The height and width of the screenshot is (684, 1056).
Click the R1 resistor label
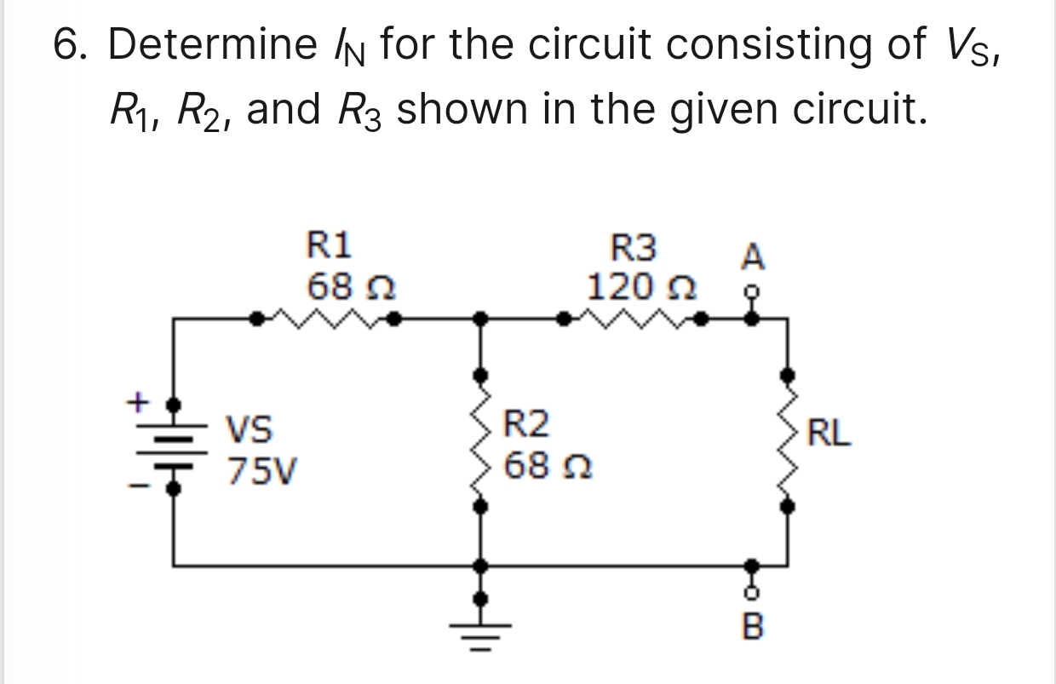(329, 247)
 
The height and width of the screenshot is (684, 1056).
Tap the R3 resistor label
(635, 249)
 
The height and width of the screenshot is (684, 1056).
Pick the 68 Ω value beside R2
(544, 466)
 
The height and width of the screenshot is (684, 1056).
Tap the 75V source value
(261, 470)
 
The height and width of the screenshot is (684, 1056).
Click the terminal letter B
(753, 629)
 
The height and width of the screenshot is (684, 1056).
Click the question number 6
(72, 45)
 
